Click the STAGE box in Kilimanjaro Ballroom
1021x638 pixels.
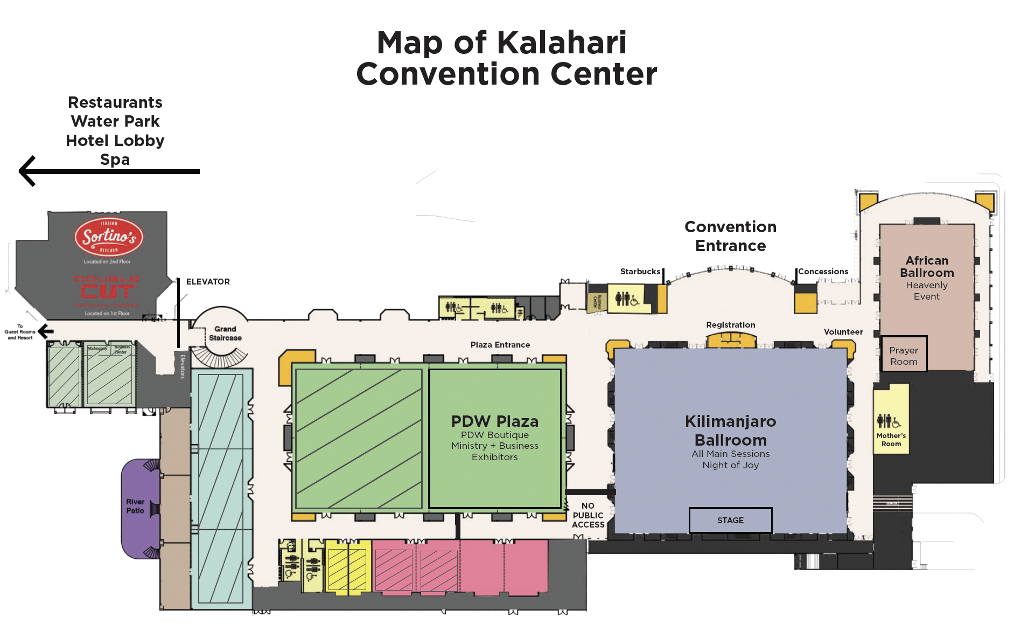[730, 520]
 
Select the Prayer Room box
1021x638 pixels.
[904, 356]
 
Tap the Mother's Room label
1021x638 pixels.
[891, 440]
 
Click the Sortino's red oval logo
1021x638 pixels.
[109, 237]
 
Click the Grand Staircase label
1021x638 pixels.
[225, 334]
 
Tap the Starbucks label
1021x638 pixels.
[640, 272]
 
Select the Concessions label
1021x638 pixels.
[823, 272]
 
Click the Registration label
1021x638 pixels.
[730, 325]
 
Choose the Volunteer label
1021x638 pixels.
[843, 332]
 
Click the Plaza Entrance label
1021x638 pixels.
[500, 345]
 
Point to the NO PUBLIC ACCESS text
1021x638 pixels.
[588, 515]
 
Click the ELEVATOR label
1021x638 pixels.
[208, 282]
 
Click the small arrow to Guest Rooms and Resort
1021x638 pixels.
[46, 331]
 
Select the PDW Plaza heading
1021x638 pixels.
[494, 421]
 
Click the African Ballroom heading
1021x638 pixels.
[926, 267]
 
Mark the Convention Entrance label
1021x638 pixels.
[730, 236]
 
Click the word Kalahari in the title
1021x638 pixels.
[560, 43]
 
